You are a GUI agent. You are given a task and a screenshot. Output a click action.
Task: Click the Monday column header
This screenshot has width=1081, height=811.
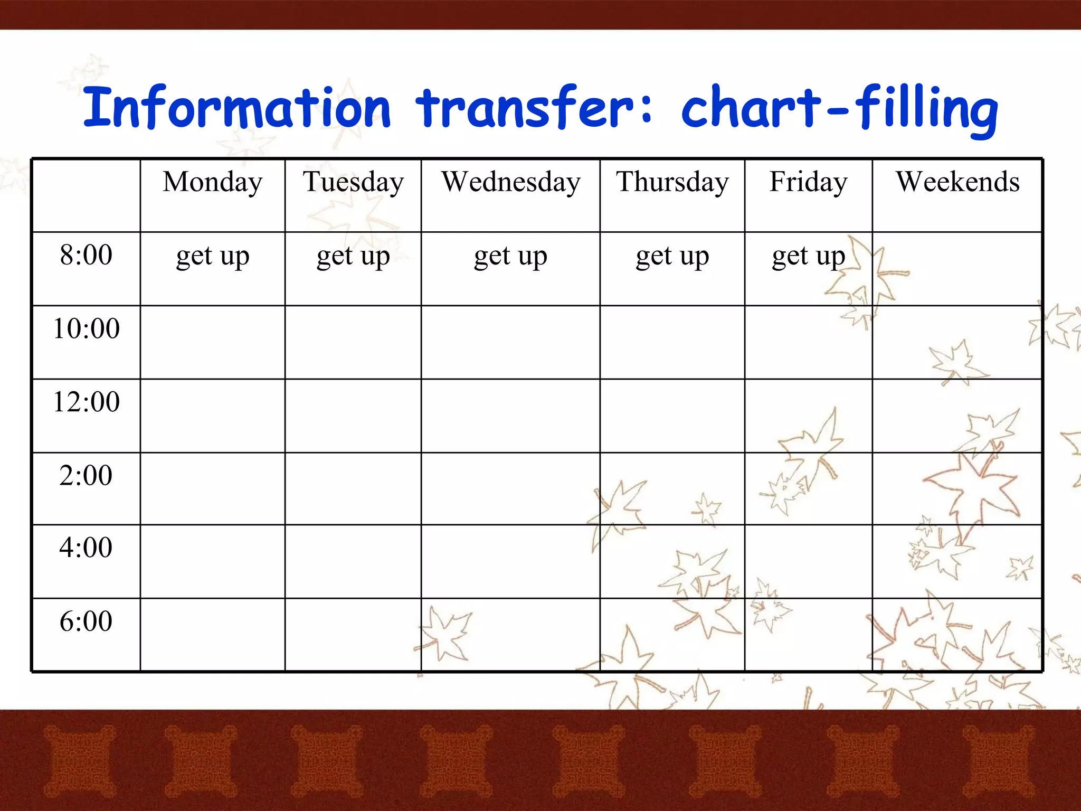[212, 182]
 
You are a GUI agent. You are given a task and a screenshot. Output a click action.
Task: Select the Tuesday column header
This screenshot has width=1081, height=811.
[353, 182]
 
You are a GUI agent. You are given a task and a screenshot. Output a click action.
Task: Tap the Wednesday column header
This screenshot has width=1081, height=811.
[510, 182]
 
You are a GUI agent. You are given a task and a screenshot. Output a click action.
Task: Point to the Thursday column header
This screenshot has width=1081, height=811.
[672, 182]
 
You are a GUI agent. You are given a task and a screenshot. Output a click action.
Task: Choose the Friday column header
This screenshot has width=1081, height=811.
[808, 182]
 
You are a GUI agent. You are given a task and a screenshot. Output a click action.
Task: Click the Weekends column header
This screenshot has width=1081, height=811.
[957, 182]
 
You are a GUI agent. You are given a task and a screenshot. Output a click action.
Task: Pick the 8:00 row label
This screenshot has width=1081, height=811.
[86, 255]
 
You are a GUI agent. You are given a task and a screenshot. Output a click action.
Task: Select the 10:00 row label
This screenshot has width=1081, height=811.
[86, 328]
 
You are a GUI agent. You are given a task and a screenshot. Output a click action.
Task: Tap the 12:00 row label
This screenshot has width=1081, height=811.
[86, 402]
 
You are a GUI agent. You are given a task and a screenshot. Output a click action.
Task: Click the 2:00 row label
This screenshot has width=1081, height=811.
[86, 475]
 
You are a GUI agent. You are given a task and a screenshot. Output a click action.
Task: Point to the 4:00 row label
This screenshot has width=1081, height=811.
[86, 548]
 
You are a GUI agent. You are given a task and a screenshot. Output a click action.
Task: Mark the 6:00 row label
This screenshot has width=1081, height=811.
[86, 621]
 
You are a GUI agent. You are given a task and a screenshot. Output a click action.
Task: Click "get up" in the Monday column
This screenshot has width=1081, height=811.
[212, 257]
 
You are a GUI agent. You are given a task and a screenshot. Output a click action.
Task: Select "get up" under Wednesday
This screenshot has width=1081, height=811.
[510, 257]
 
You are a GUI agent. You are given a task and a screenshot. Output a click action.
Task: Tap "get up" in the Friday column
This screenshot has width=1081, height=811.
[808, 257]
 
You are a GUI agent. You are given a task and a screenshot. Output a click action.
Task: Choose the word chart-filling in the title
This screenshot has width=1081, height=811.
[839, 108]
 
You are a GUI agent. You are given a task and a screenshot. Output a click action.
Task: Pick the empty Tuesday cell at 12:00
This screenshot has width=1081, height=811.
[353, 416]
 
